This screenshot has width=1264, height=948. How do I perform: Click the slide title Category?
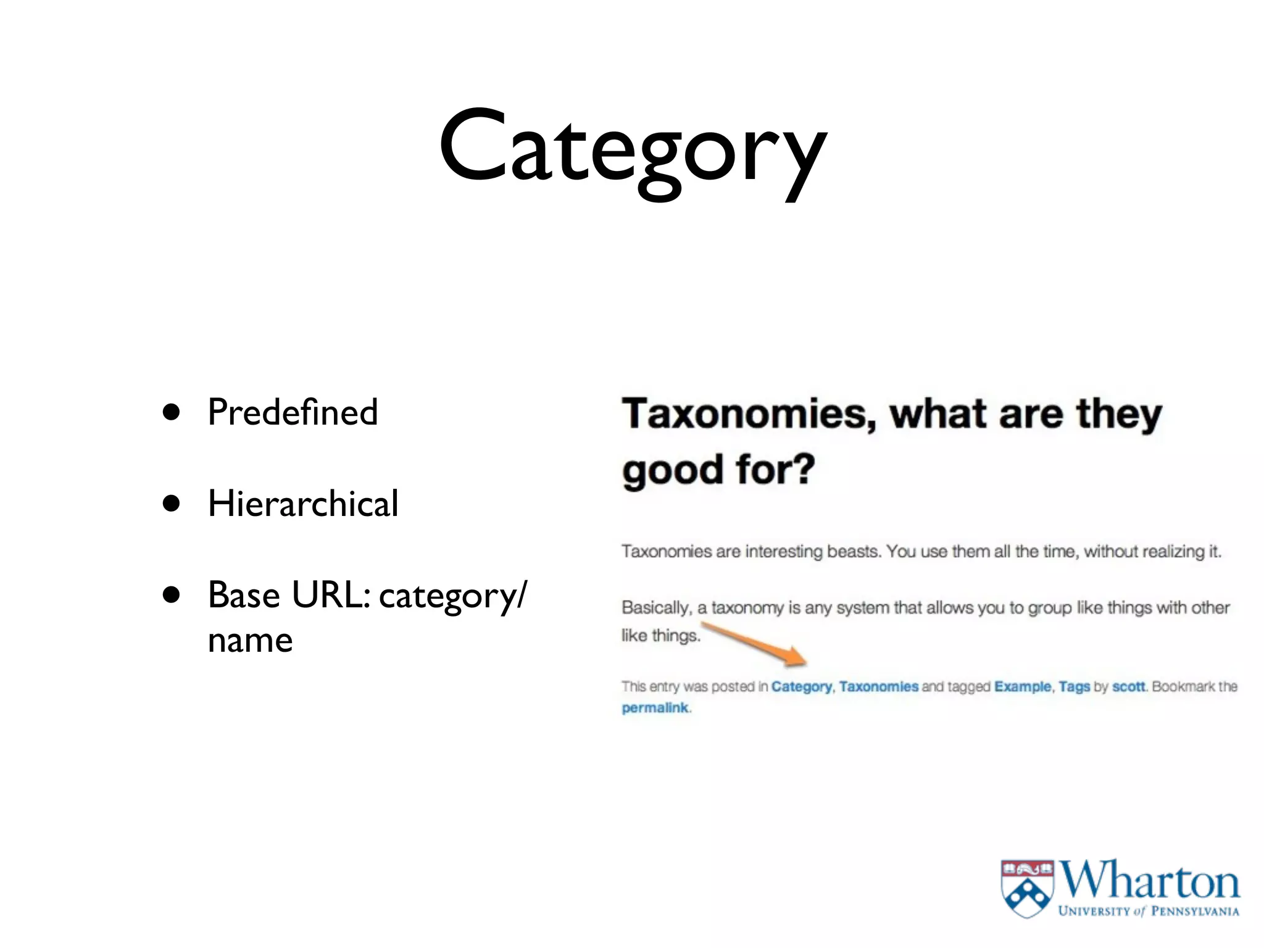tap(632, 148)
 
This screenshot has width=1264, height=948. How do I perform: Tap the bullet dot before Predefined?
tap(172, 412)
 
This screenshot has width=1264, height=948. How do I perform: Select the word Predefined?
tap(293, 412)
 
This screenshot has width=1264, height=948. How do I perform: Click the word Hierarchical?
tap(303, 503)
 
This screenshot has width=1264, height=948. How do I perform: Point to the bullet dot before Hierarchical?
tap(172, 503)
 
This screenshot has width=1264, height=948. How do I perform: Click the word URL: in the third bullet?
tap(331, 595)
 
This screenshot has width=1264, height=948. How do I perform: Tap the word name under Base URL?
tap(250, 640)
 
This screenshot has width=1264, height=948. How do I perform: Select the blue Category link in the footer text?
tap(801, 686)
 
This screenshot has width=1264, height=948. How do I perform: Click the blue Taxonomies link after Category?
tap(878, 686)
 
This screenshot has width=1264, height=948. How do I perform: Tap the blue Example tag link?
tap(1022, 686)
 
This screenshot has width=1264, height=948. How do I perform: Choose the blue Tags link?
tap(1075, 686)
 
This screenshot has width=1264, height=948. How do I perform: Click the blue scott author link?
tap(1128, 686)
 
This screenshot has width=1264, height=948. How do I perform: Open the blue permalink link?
tap(654, 707)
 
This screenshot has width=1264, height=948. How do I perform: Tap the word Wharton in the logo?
tap(1149, 881)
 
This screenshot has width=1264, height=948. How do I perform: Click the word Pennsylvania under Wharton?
tap(1195, 912)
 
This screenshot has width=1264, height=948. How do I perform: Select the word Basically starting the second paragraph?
tap(655, 608)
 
